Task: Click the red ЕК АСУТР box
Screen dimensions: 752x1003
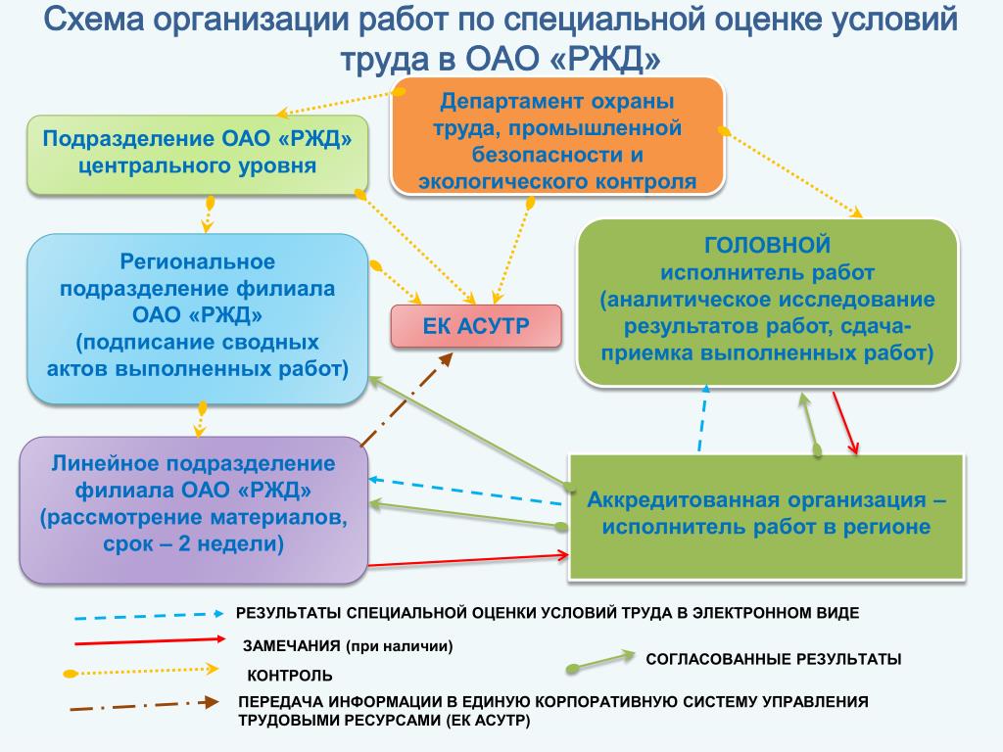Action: (x=476, y=326)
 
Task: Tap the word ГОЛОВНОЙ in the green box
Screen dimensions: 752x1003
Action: (x=768, y=244)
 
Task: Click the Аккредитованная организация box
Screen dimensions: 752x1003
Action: (x=767, y=513)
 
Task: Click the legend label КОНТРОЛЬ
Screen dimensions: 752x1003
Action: (x=290, y=676)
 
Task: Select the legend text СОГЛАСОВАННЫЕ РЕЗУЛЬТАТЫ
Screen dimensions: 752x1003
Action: (x=773, y=659)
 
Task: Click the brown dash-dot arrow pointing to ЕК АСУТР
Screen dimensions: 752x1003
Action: (x=405, y=399)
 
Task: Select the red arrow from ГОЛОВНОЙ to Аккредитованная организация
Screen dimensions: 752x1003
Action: (x=845, y=423)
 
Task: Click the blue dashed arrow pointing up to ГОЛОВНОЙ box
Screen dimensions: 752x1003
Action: (x=702, y=418)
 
